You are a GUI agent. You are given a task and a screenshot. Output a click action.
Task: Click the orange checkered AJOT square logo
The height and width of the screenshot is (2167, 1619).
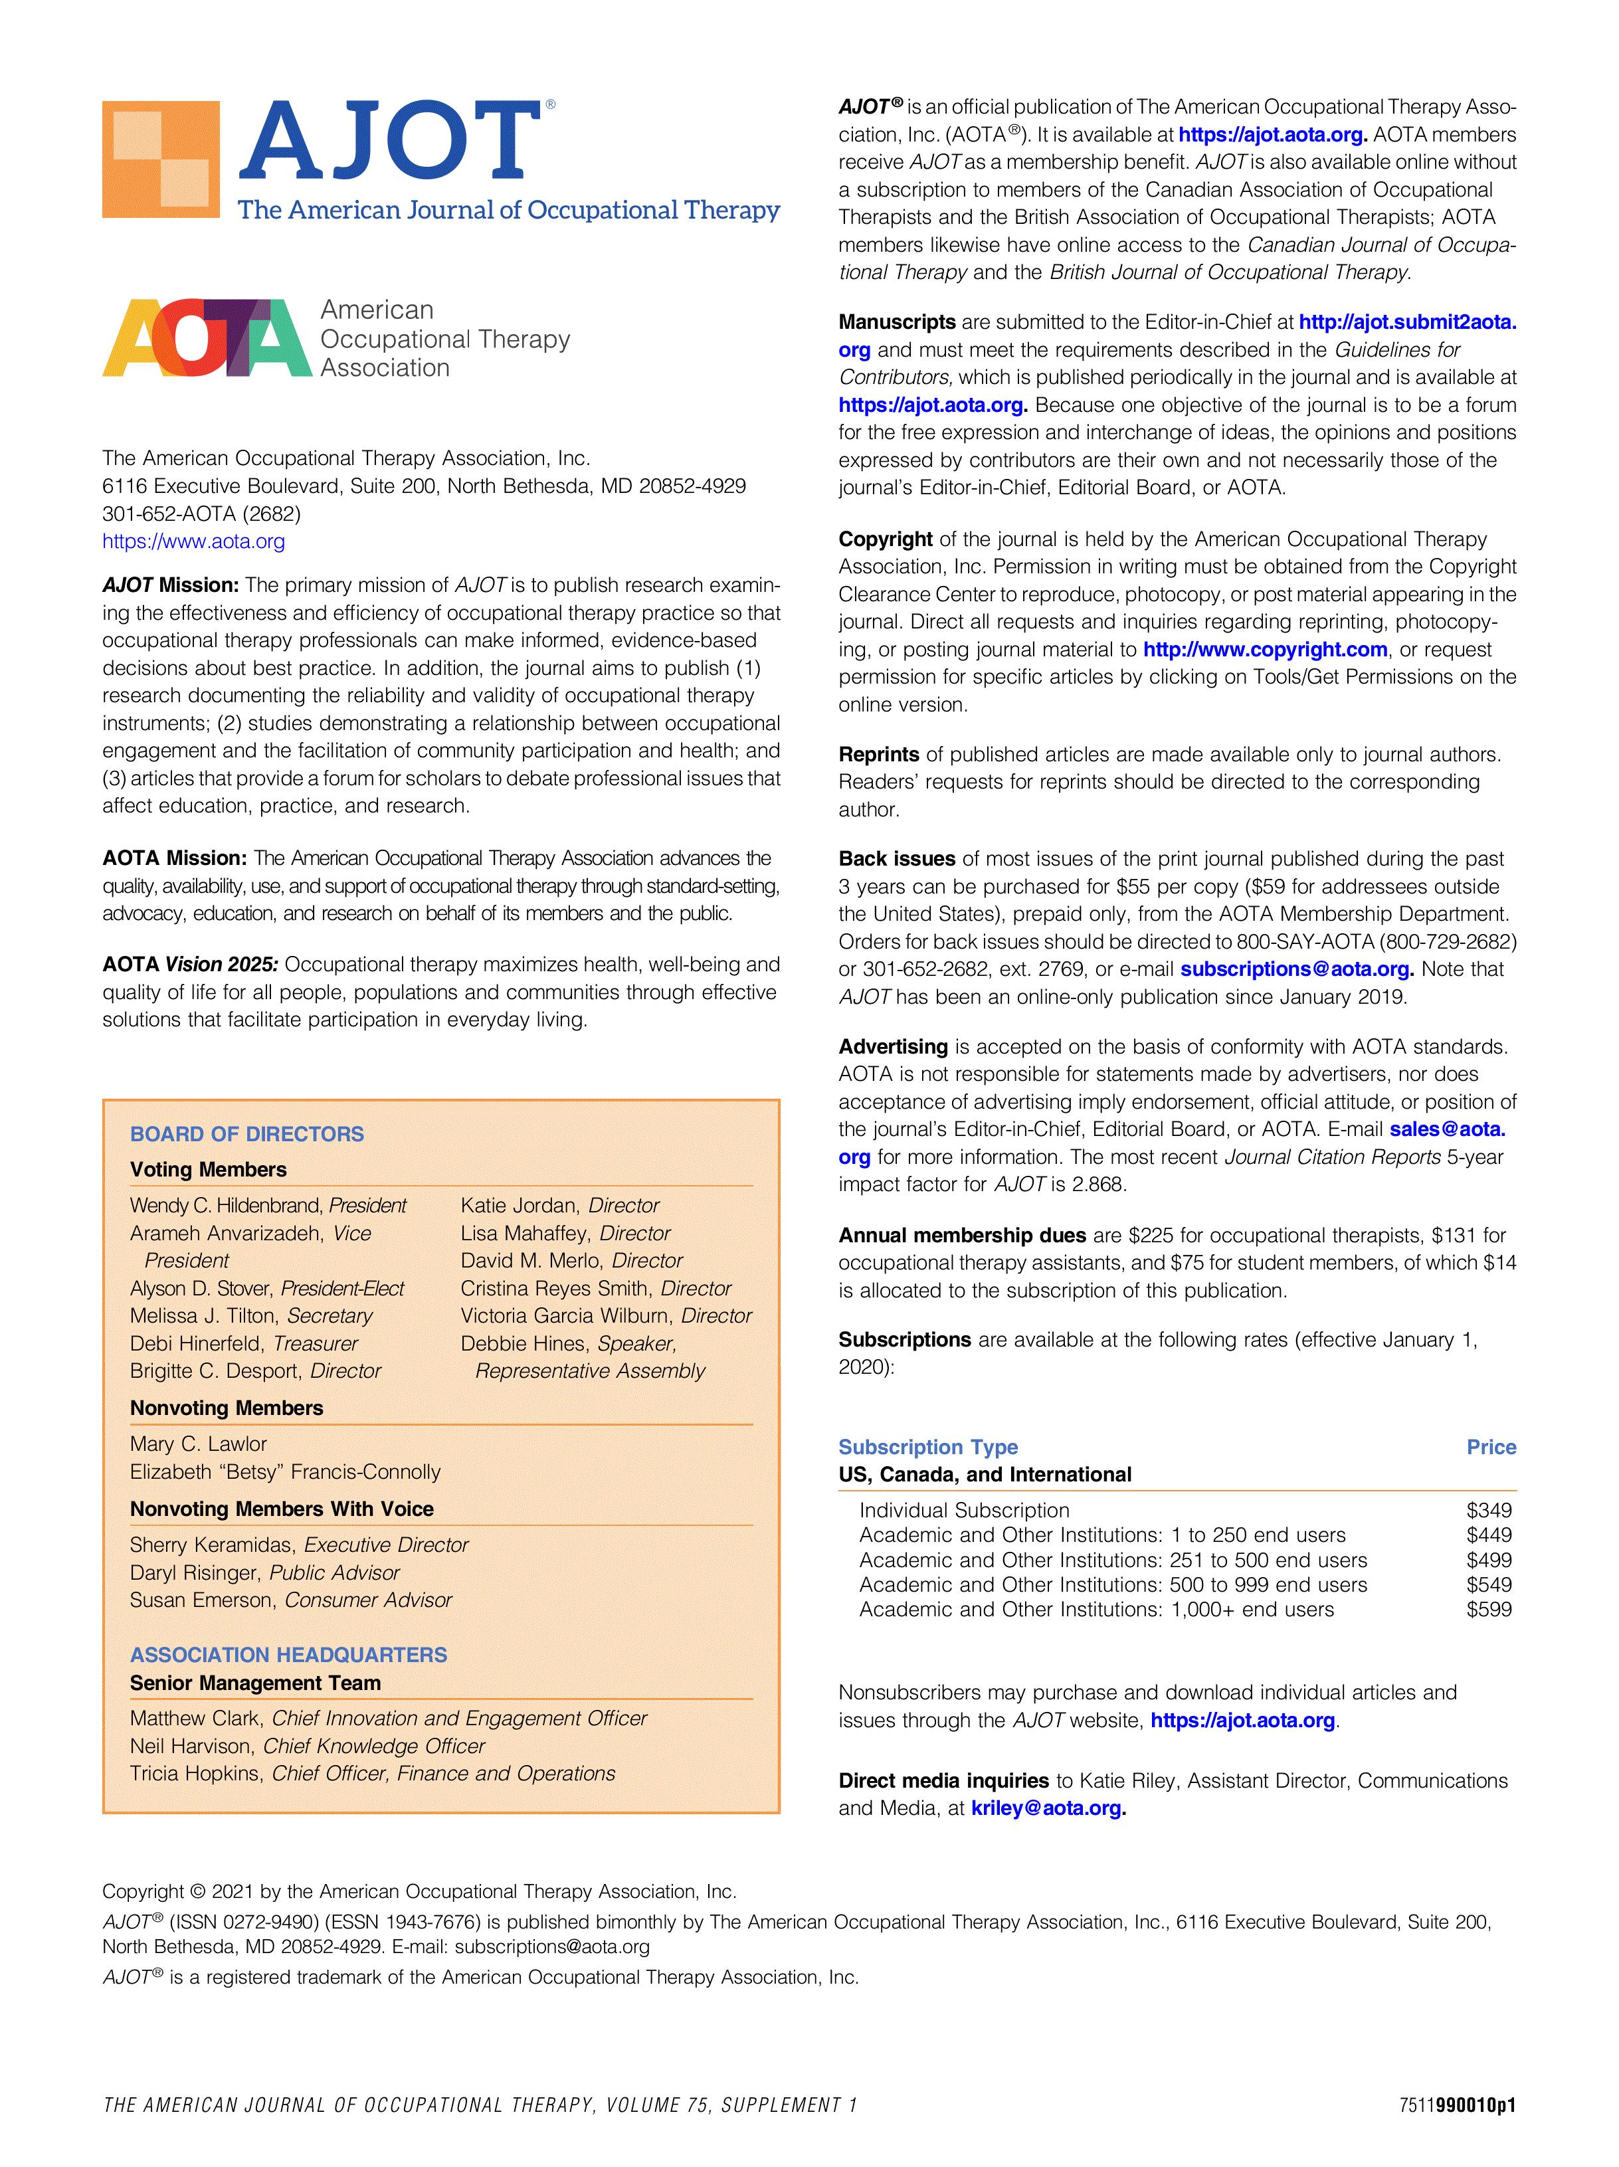pos(161,159)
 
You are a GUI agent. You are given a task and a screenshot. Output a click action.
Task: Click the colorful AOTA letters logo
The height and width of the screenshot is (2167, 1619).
pos(207,338)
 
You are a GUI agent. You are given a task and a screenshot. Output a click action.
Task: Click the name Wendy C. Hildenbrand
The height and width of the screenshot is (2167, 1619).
pos(227,1205)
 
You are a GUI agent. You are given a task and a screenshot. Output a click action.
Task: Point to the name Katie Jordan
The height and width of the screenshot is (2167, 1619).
pos(519,1205)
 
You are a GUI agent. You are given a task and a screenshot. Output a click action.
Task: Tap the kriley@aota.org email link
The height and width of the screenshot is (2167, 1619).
pos(1047,1808)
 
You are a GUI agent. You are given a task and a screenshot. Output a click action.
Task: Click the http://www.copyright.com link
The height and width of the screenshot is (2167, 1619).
pos(1264,650)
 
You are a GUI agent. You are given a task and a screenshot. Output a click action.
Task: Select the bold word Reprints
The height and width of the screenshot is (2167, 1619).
pos(878,755)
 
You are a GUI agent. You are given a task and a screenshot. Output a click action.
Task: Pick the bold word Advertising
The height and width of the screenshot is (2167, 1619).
pos(892,1046)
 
